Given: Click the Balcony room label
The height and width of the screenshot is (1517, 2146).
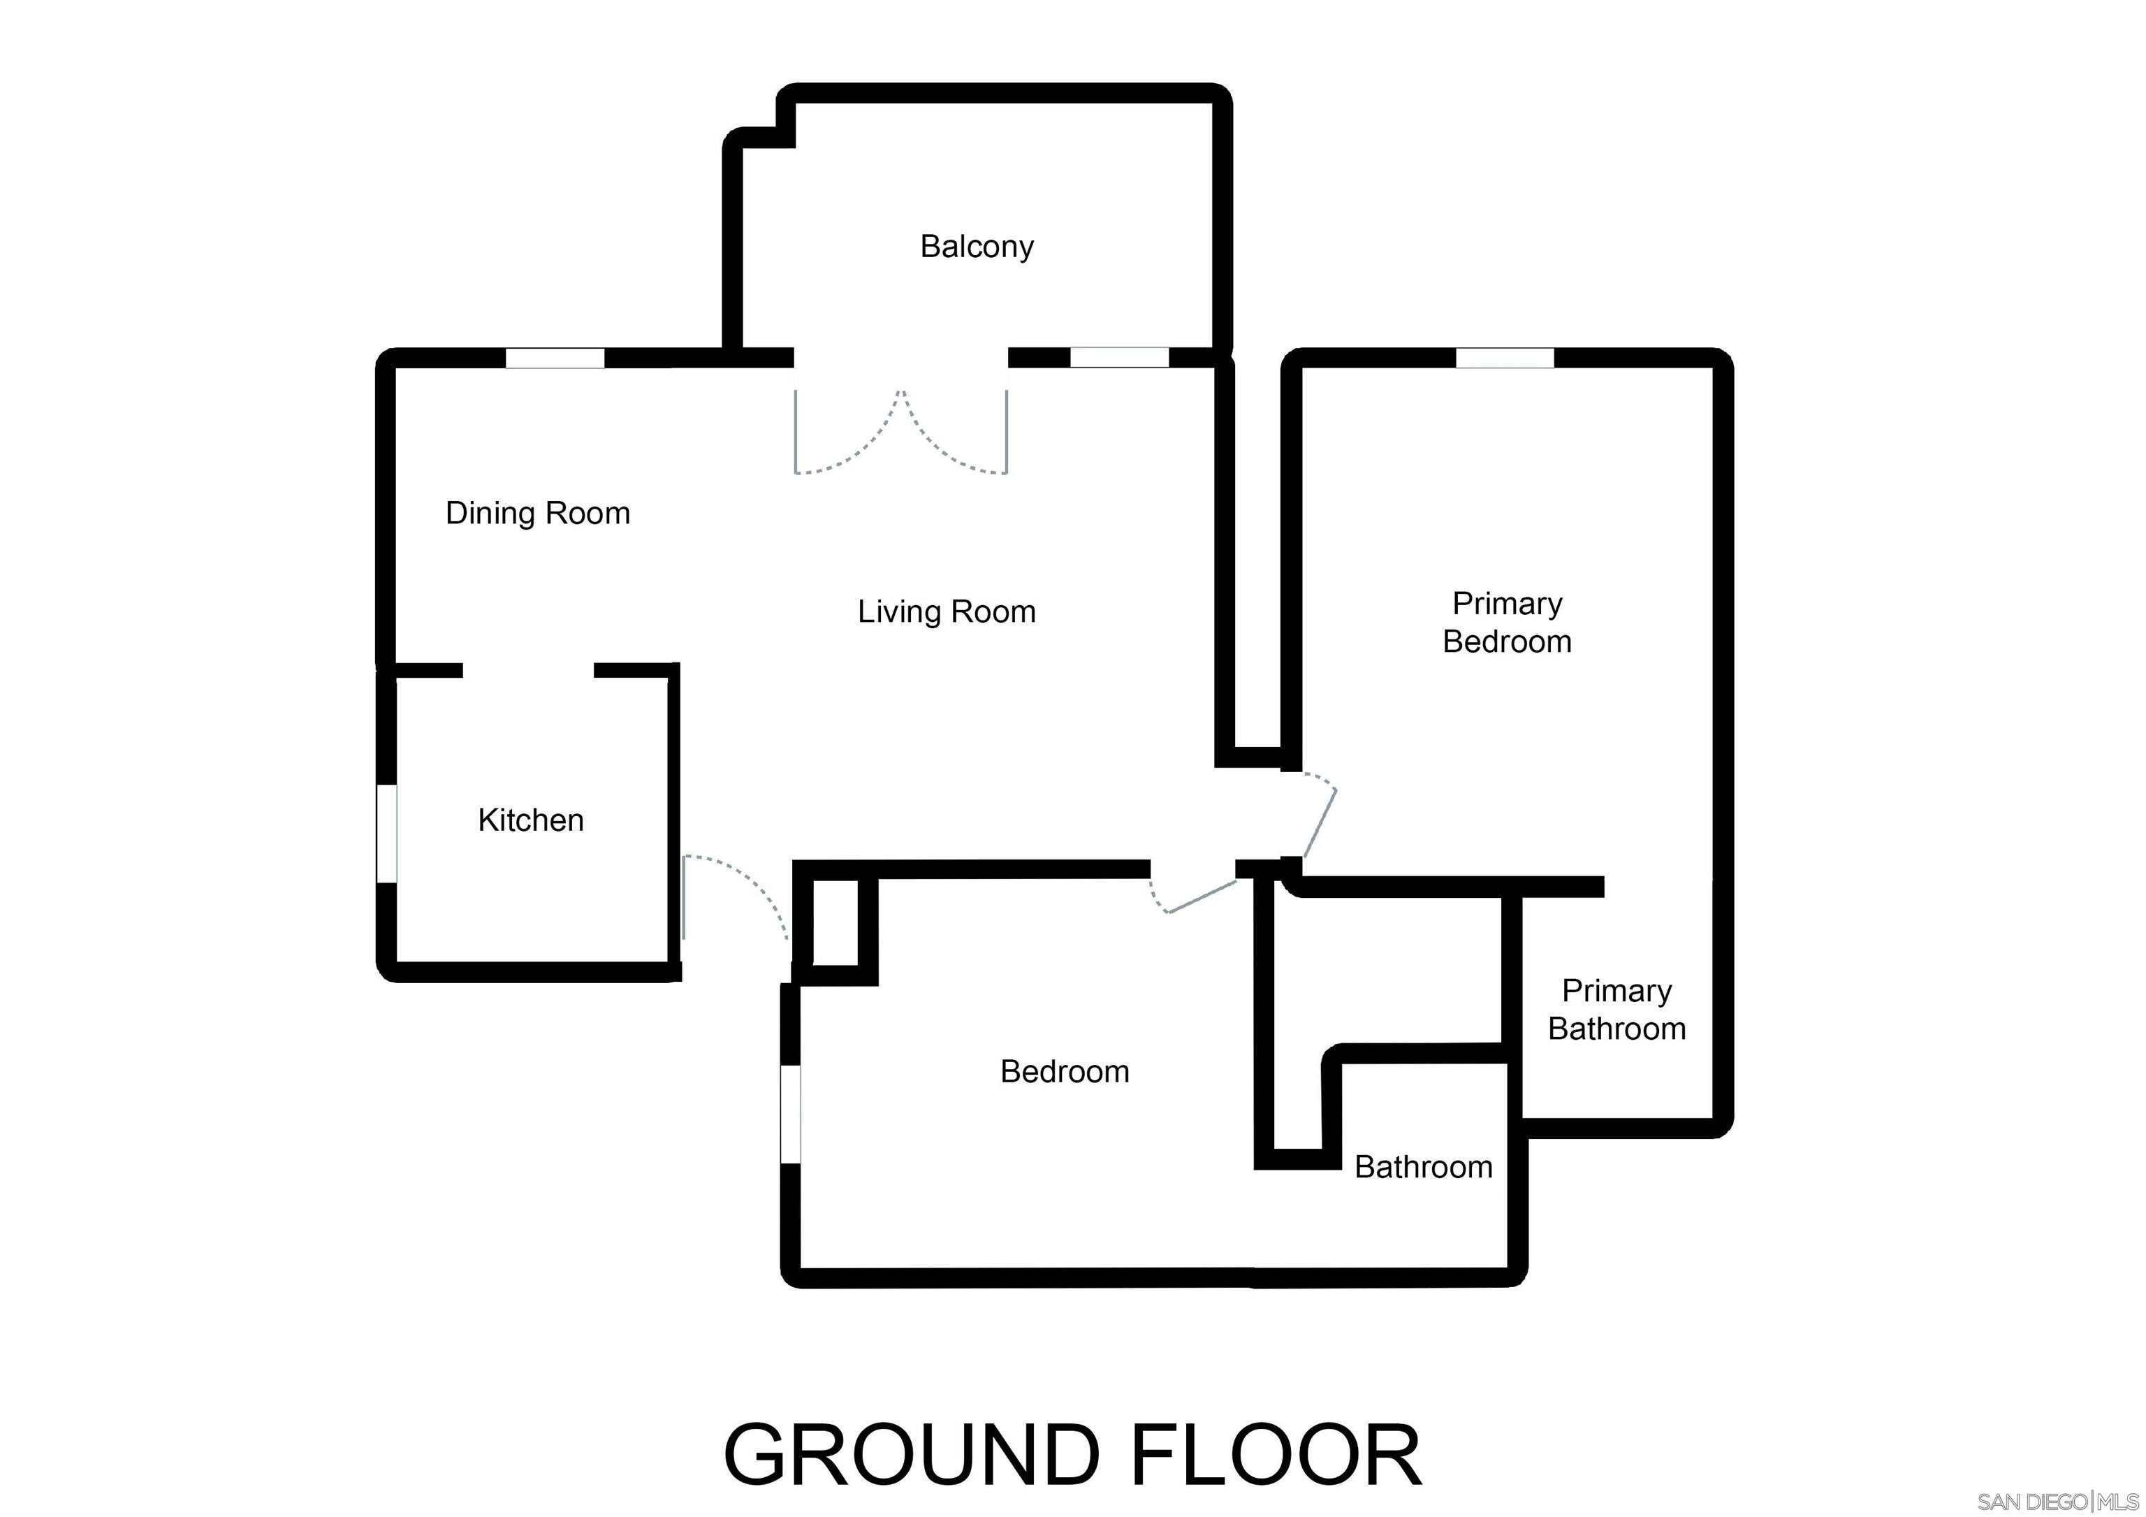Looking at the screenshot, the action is pos(977,247).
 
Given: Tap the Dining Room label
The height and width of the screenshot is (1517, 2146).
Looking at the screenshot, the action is pos(537,513).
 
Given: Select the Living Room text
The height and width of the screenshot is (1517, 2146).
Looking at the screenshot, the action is pos(947,612).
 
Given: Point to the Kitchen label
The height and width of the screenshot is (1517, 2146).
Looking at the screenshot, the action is pos(531,820).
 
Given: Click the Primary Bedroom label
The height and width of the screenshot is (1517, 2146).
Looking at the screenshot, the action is pos(1507,623).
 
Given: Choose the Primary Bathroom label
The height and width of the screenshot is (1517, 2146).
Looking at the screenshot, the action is pos(1617,1010).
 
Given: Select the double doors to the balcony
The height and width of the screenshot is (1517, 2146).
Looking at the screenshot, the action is pos(901,431).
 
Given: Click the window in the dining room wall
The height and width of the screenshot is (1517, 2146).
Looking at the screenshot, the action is pos(555,358).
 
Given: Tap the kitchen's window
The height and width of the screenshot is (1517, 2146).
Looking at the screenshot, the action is pos(387,833).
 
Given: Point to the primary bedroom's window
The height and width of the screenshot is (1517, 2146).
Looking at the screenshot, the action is pos(1505,358).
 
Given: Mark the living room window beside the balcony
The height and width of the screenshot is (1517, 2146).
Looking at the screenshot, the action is pos(1120,358).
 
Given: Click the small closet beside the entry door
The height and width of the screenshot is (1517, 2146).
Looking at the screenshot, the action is pos(835,922).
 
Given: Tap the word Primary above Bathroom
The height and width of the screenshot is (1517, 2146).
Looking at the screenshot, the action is pos(1617,992).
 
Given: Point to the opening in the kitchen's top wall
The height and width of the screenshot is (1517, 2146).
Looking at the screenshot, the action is pos(528,670).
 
